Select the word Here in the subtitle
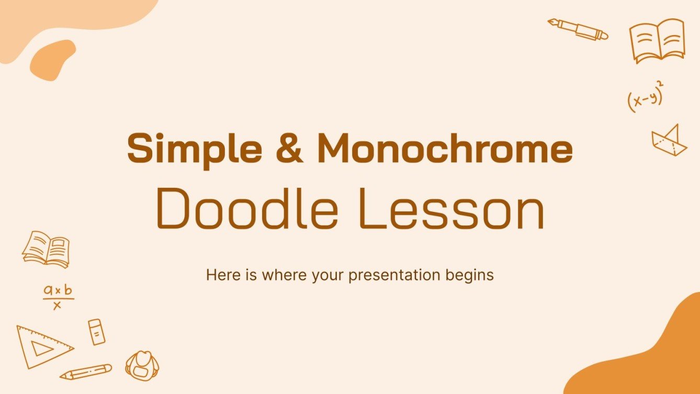(x=221, y=275)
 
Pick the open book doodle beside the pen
(x=657, y=40)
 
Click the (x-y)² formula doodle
(x=645, y=98)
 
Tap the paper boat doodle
(x=669, y=140)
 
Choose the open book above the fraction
(x=46, y=249)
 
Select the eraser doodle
(x=96, y=331)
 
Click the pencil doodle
(x=86, y=371)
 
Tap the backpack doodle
(x=142, y=365)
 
